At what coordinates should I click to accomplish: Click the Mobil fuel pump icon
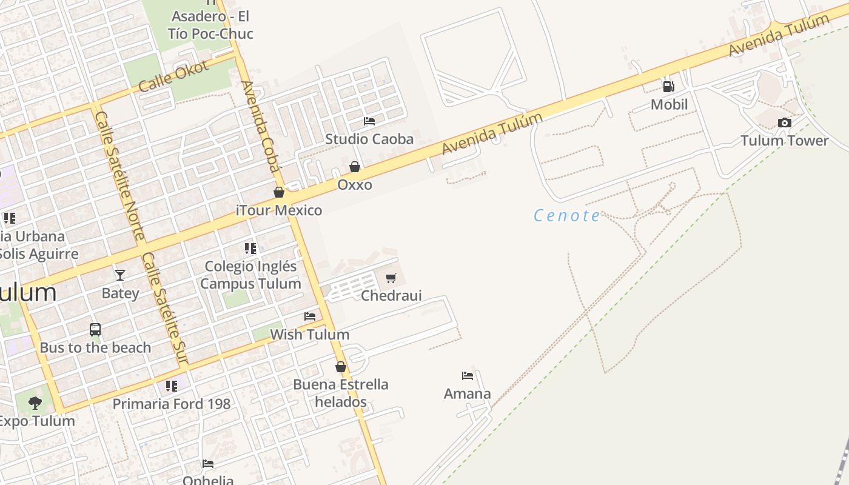668,87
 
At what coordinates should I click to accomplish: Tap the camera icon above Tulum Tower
784,123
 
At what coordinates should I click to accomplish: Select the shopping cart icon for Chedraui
391,278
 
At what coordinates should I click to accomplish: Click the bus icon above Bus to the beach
95,330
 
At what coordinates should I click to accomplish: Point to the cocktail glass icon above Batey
120,275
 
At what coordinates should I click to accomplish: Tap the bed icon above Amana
467,376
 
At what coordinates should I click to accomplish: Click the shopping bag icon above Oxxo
355,167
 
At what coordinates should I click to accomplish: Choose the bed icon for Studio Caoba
369,121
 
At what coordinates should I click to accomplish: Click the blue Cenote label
567,216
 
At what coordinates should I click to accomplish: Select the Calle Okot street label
173,76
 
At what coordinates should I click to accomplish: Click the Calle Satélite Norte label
120,175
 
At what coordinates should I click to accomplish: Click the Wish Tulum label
309,335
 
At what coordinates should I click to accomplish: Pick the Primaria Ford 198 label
172,404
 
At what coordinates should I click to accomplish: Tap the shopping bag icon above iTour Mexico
279,193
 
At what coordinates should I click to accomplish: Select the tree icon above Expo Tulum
35,403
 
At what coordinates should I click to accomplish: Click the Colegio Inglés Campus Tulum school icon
250,248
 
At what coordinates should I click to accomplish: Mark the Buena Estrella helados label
341,393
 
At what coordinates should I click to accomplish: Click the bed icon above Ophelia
208,464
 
